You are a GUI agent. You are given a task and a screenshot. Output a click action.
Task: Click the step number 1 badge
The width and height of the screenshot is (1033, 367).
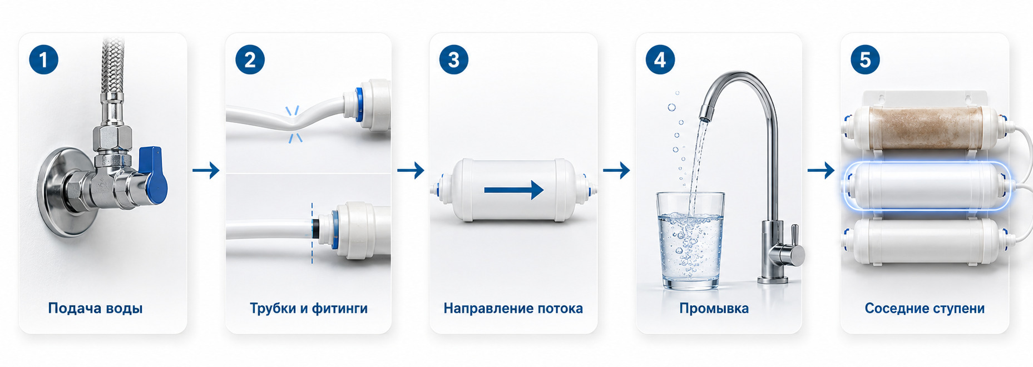pos(43,59)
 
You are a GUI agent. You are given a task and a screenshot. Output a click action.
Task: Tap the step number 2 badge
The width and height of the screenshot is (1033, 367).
pos(250,59)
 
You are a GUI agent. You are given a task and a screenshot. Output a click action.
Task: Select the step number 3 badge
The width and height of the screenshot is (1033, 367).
pos(454,59)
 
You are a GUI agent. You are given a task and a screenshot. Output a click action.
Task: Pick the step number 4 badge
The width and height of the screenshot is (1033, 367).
pos(660,59)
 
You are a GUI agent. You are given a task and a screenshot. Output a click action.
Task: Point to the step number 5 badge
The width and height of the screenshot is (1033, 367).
pos(865,59)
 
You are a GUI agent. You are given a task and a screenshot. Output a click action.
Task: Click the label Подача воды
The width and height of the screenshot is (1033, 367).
pos(95,308)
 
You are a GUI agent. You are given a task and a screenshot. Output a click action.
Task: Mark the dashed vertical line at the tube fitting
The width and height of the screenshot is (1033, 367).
pos(312,233)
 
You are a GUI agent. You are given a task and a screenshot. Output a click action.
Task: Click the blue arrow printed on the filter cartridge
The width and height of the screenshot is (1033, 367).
pos(513,190)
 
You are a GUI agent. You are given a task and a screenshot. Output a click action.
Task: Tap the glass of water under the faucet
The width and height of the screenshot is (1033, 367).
pos(690,241)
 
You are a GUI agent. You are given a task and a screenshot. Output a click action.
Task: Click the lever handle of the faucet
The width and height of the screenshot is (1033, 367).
pos(795,238)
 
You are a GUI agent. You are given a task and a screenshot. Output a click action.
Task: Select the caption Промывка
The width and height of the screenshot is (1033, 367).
pos(714,308)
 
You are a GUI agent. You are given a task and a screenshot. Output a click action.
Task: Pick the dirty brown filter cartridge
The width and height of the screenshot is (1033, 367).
pos(925,128)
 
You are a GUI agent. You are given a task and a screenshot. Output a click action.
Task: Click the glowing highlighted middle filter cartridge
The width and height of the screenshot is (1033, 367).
pos(927,186)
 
